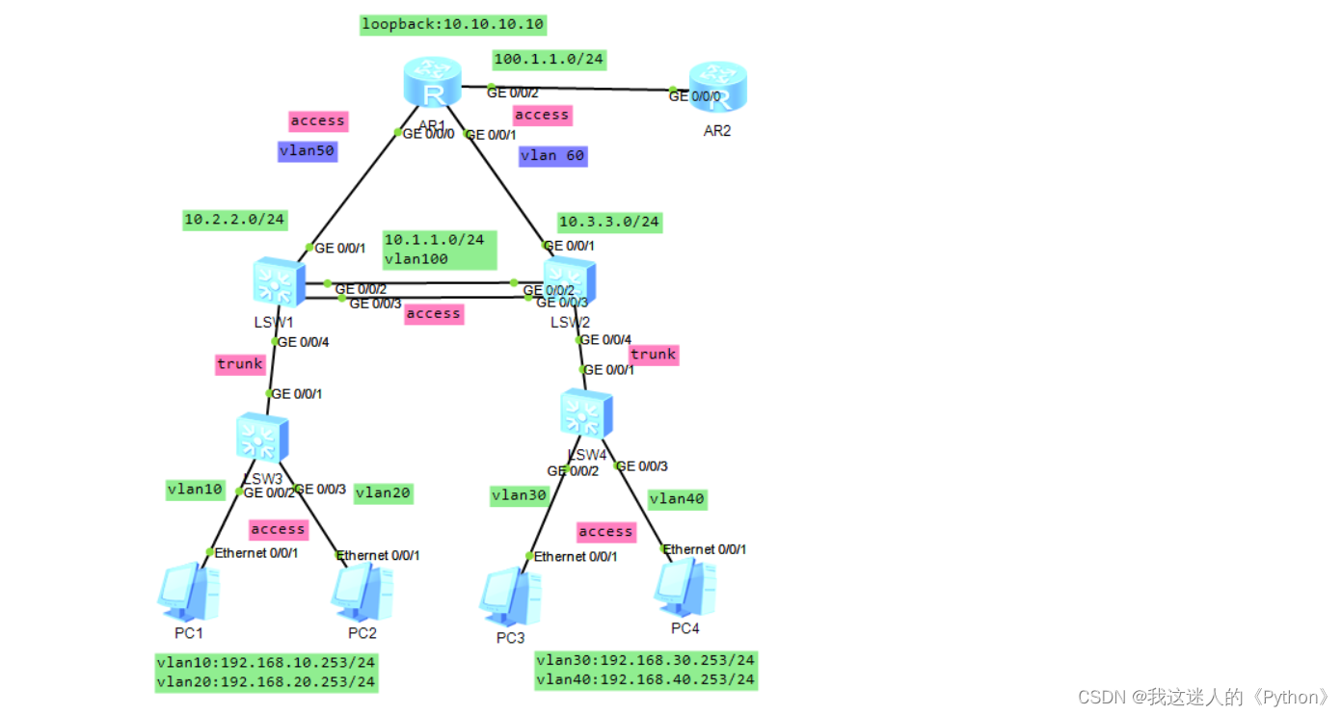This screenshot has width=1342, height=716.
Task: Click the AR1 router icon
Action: coord(433,84)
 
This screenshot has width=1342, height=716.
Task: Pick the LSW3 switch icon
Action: coord(262,438)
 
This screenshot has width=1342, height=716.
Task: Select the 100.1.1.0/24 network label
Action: coord(549,60)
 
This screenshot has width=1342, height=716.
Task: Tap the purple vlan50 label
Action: coord(308,151)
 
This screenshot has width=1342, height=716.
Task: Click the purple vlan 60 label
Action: coord(552,155)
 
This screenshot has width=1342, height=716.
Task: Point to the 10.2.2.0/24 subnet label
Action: coord(235,220)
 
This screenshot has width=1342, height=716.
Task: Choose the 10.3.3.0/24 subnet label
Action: coord(609,222)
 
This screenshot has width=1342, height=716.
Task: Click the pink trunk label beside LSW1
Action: coord(240,363)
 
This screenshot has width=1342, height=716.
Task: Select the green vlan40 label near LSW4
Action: coord(677,498)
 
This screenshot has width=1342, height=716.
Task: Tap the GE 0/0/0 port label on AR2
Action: coord(693,95)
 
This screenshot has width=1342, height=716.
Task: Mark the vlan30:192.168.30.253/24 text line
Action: coord(645,660)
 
